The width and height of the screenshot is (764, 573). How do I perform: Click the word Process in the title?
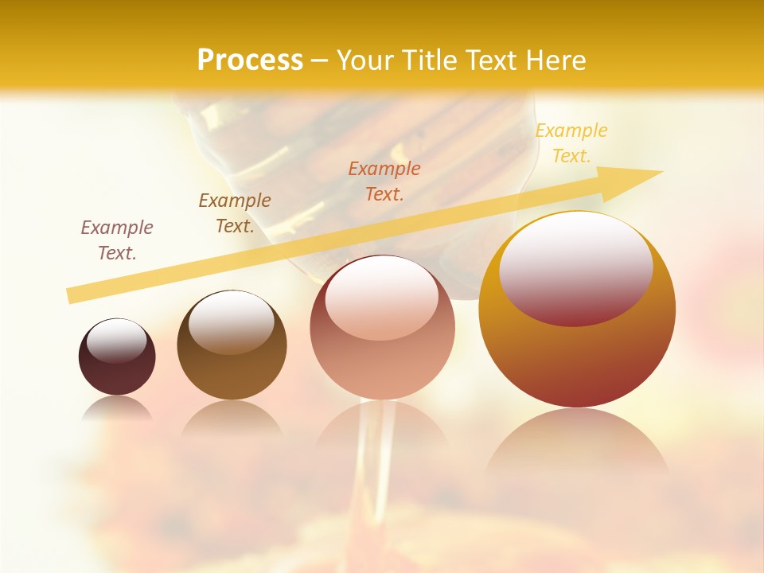pyautogui.click(x=250, y=60)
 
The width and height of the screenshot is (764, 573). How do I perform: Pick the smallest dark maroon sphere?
pyautogui.click(x=117, y=357)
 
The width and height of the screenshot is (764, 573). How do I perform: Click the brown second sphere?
pyautogui.click(x=232, y=345)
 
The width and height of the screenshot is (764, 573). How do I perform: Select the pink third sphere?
pyautogui.click(x=382, y=328)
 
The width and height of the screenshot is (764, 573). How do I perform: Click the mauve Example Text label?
pyautogui.click(x=117, y=240)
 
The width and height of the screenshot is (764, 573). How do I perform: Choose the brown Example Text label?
pyautogui.click(x=235, y=213)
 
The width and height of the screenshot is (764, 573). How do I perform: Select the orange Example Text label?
pyautogui.click(x=384, y=181)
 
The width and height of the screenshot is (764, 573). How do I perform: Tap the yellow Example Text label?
pyautogui.click(x=571, y=143)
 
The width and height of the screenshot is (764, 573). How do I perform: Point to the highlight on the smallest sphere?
pyautogui.click(x=117, y=338)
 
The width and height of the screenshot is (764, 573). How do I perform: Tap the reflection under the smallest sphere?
pyautogui.click(x=117, y=407)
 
